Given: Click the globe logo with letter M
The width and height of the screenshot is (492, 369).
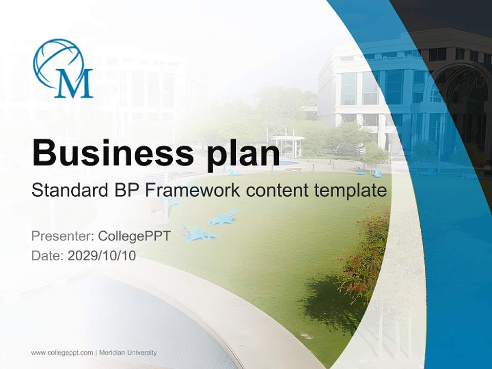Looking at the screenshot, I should [x=63, y=68].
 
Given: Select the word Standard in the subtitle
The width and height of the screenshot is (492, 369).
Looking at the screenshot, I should [x=69, y=191].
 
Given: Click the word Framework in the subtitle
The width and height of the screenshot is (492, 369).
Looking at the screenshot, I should [x=192, y=191].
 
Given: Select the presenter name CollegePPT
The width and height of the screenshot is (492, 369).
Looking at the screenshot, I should [x=134, y=236].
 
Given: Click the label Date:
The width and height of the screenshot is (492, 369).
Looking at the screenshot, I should [x=48, y=256].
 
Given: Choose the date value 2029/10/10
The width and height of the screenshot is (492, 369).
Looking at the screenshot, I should [x=102, y=256].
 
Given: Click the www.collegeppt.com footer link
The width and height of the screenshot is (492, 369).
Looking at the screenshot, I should [x=62, y=353].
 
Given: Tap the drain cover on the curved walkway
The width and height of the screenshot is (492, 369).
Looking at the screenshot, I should [x=306, y=336].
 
